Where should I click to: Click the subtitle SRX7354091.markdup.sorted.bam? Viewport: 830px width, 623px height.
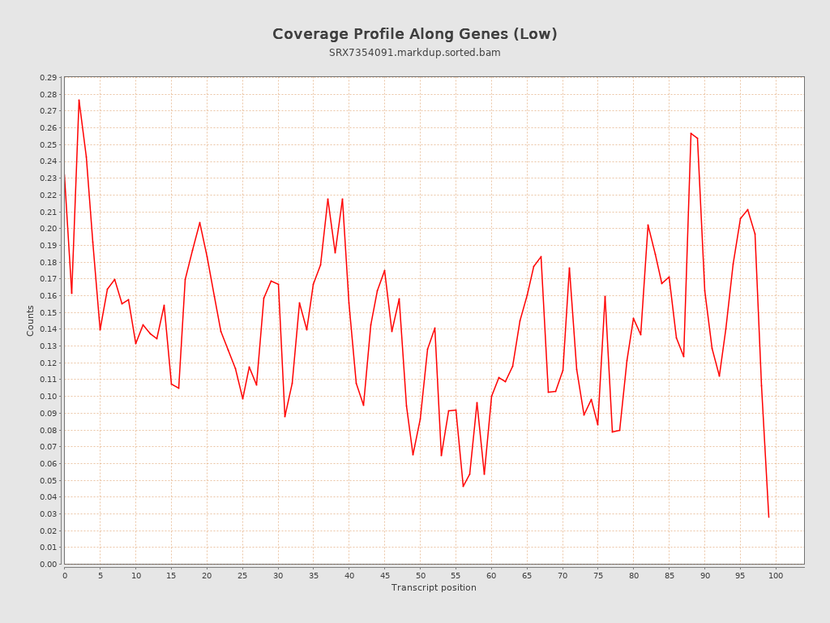tap(414, 53)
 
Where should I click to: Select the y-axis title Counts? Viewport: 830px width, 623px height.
tap(31, 320)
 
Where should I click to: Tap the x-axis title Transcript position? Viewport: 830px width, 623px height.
tap(434, 587)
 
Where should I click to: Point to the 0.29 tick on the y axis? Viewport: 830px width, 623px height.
tap(48, 78)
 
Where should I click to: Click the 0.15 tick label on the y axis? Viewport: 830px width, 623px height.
tap(48, 312)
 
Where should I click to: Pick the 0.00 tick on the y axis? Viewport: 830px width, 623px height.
tap(48, 564)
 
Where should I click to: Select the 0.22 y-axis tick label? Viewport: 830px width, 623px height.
tap(48, 195)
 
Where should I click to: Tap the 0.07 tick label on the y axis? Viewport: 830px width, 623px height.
tap(48, 447)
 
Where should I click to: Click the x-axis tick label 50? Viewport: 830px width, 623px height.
tap(420, 575)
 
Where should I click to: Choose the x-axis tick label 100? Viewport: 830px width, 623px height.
tap(776, 575)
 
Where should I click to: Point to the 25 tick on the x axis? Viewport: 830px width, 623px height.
tap(242, 575)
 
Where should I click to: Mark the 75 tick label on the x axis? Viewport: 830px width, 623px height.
tap(598, 575)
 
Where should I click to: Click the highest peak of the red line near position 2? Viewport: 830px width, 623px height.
tap(79, 100)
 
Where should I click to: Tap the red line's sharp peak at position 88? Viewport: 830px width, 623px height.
tap(691, 133)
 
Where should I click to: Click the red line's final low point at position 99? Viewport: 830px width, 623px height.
tap(768, 517)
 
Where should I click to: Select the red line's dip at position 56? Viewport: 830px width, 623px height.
tap(463, 486)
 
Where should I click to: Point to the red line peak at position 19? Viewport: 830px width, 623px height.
tap(199, 222)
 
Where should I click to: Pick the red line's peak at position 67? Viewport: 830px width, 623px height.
tap(541, 256)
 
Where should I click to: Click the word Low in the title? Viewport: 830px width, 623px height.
tap(540, 34)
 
